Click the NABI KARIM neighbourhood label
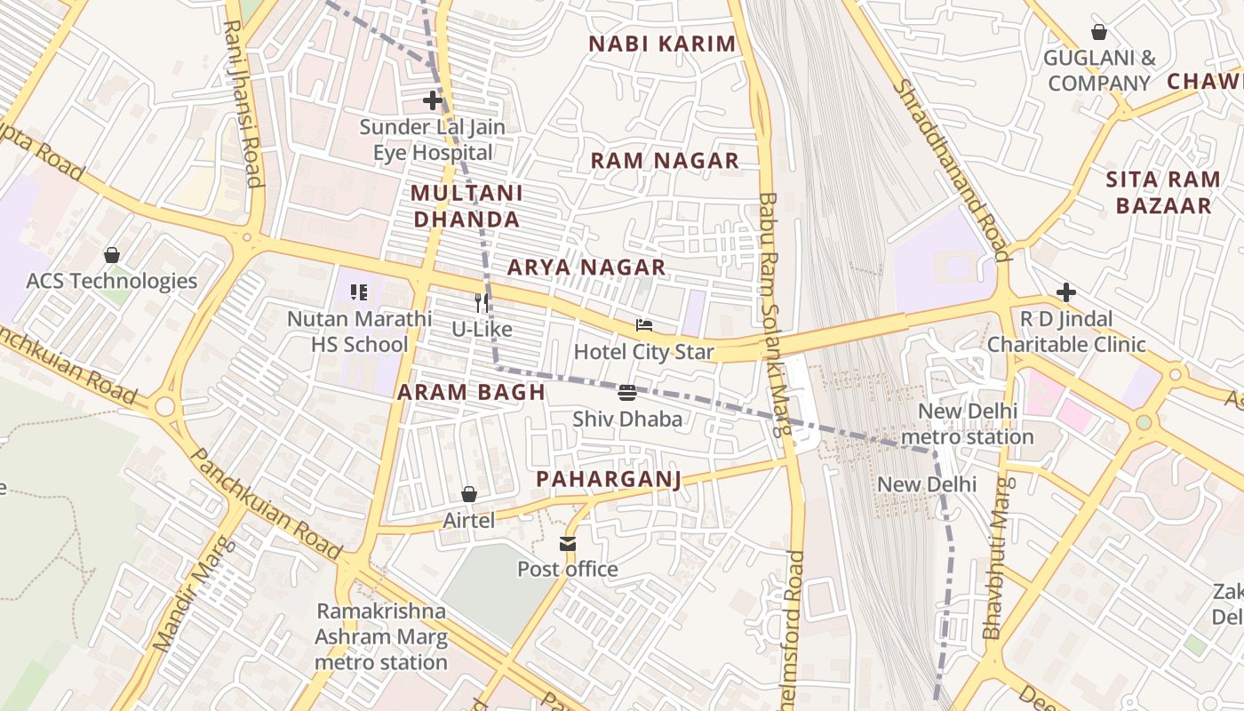[x=663, y=44]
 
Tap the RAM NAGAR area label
[x=665, y=161]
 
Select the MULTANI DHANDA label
[x=466, y=206]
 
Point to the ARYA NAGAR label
[x=586, y=268]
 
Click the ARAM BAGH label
[x=471, y=392]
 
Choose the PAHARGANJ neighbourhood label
[x=609, y=480]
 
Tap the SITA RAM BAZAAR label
[x=1163, y=193]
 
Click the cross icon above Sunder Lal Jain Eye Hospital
[x=433, y=100]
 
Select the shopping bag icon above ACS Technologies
[x=112, y=256]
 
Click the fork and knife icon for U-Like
[x=482, y=303]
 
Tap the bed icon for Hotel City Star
[x=644, y=326]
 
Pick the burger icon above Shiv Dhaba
[x=626, y=392]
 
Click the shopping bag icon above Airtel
[x=469, y=494]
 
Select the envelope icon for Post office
[x=568, y=544]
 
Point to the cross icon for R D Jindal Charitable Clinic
[x=1066, y=292]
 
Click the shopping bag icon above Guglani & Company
[x=1099, y=33]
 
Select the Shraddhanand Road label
[x=952, y=169]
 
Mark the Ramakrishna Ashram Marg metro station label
[x=381, y=637]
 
